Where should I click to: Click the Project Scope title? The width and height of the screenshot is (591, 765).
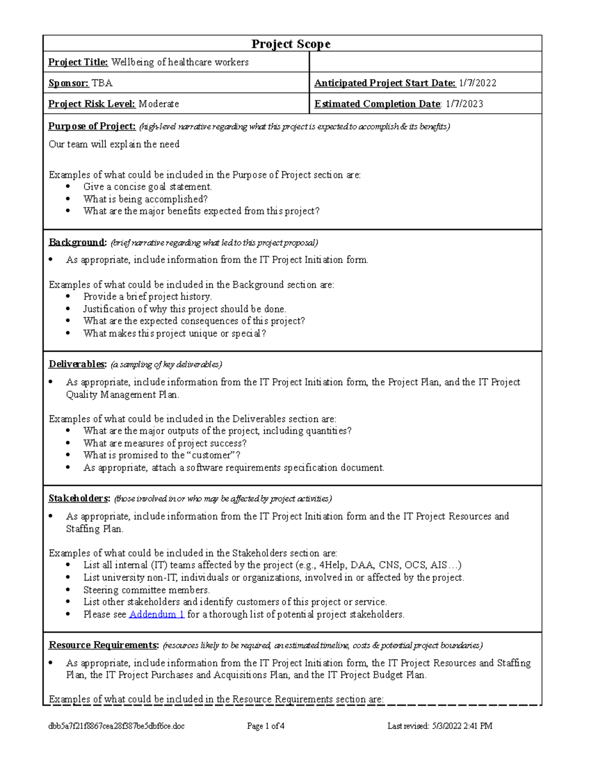(291, 44)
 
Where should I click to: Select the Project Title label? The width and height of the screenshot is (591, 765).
(78, 62)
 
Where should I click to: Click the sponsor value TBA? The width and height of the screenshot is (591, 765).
(102, 83)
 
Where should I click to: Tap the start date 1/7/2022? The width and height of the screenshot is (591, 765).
(477, 83)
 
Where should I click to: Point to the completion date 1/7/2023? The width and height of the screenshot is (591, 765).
(464, 104)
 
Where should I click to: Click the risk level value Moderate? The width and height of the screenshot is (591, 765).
(159, 104)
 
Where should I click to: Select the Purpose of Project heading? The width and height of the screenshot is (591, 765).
(92, 126)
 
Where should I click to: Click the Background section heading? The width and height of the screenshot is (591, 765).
(77, 242)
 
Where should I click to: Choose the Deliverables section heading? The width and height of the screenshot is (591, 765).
(77, 364)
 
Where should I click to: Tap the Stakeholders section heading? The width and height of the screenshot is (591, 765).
(79, 499)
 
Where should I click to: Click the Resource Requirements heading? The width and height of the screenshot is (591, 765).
(103, 645)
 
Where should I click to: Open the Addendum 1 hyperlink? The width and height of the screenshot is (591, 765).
(157, 614)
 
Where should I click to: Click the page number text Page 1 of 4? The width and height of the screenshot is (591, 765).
(265, 726)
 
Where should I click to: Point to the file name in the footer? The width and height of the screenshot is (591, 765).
(116, 726)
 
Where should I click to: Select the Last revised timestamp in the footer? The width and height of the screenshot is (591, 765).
(439, 726)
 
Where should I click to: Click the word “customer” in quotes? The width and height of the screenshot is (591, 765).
(211, 455)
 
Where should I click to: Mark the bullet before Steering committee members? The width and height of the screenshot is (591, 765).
(68, 590)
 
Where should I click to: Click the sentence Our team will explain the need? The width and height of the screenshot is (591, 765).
(114, 144)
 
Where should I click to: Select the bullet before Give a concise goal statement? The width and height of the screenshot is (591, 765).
(68, 187)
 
